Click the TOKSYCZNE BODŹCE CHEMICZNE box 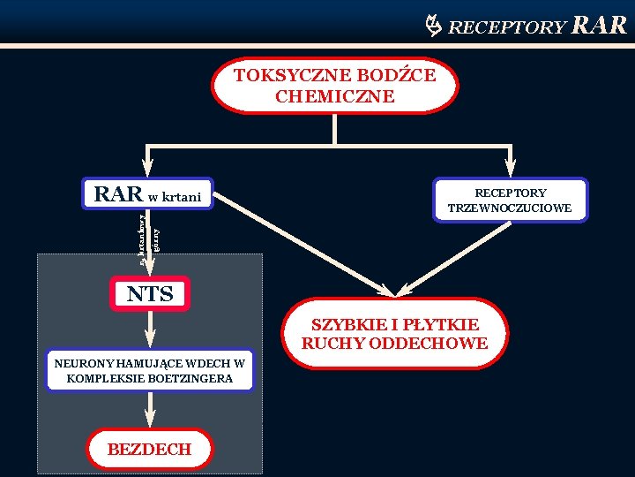[335, 86]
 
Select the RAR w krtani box [148, 194]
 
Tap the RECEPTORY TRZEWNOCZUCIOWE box [510, 201]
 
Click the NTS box [150, 294]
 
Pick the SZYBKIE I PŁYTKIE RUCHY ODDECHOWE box [394, 333]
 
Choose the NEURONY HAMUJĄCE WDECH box [150, 371]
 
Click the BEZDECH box [150, 449]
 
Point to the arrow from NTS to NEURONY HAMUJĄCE [150, 329]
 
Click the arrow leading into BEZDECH [150, 410]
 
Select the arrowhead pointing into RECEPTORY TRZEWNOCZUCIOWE [511, 167]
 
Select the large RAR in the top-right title [600, 25]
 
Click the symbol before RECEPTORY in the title [434, 26]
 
